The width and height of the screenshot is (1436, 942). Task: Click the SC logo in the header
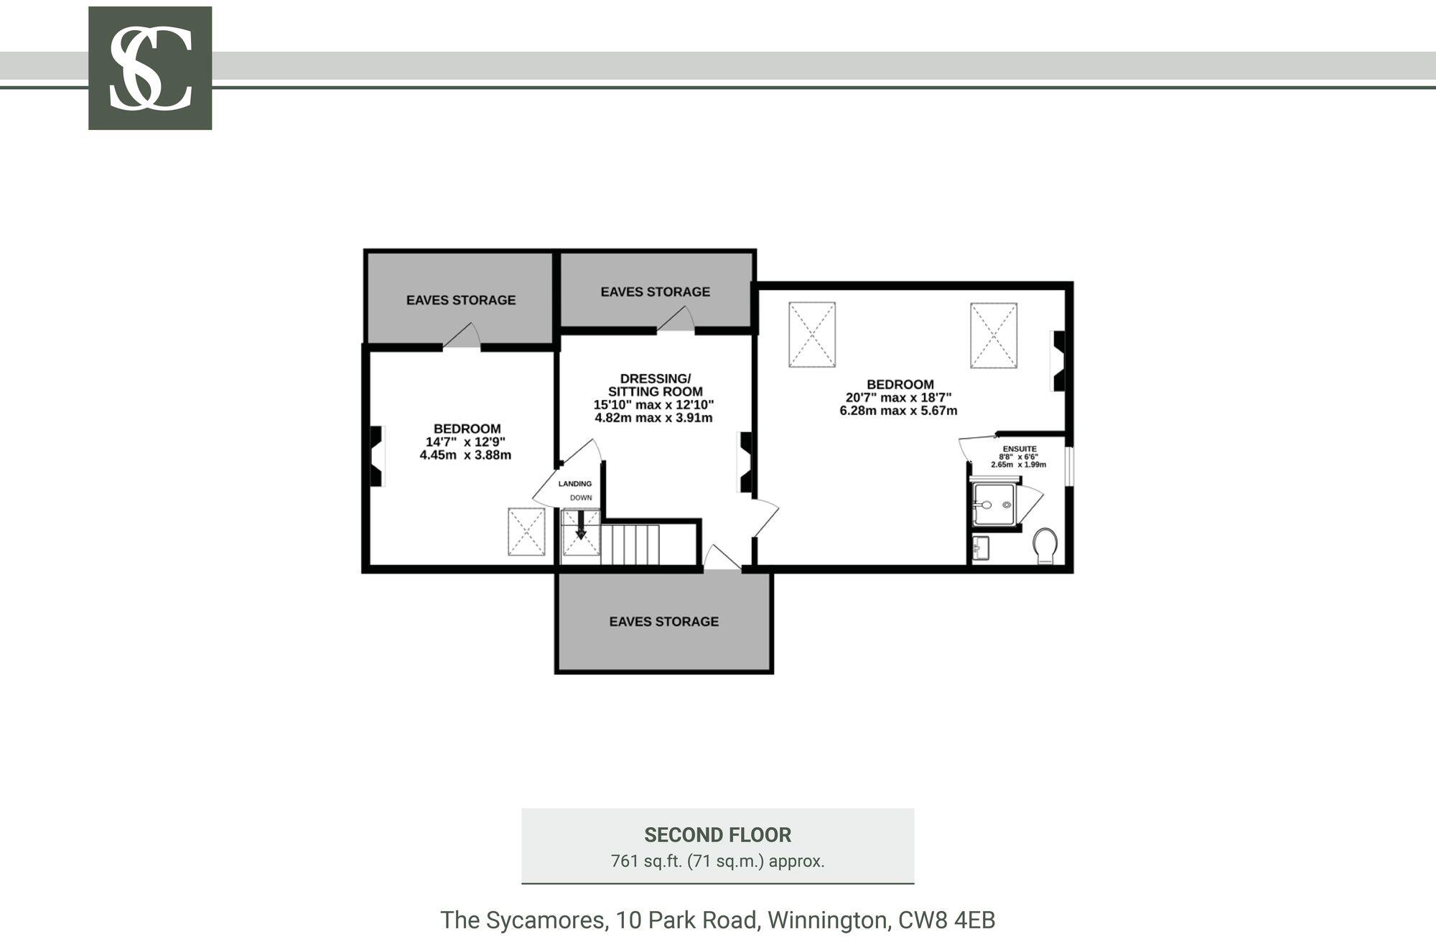(x=150, y=68)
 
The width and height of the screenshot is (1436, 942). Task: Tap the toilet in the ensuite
(x=1045, y=546)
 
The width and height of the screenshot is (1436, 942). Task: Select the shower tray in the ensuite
(x=994, y=505)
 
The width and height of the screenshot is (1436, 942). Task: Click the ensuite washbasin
(x=981, y=549)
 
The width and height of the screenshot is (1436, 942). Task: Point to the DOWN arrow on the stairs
(x=581, y=525)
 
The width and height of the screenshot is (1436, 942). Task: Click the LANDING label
(x=575, y=484)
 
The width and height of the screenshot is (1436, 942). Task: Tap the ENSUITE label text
(x=1020, y=449)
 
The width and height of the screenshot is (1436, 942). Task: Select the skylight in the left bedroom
(x=526, y=532)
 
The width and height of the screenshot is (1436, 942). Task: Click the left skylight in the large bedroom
(x=812, y=335)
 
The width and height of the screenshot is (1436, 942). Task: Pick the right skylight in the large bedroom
(x=994, y=335)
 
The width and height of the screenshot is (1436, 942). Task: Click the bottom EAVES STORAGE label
(x=664, y=622)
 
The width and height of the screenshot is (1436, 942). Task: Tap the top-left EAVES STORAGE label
(x=461, y=300)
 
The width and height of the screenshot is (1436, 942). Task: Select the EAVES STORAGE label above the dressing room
(x=656, y=292)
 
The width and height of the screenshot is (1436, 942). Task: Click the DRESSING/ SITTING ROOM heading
(x=655, y=385)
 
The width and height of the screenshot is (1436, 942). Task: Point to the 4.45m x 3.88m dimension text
(x=465, y=455)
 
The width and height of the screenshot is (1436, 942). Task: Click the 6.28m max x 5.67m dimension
(x=898, y=411)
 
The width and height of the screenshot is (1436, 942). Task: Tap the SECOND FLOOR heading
(x=718, y=835)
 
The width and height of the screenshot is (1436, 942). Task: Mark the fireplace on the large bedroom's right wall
(x=1058, y=360)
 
